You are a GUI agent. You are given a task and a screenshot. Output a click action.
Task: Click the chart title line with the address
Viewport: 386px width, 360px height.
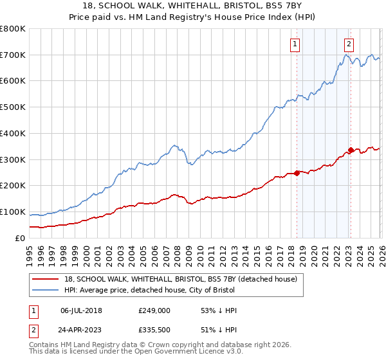click(x=193, y=6)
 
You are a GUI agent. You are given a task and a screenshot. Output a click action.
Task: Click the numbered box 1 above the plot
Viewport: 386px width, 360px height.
click(x=295, y=44)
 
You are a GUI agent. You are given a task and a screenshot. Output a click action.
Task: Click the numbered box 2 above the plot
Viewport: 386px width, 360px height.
click(x=348, y=44)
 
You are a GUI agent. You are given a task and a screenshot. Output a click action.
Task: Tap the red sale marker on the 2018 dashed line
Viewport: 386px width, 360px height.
click(x=297, y=172)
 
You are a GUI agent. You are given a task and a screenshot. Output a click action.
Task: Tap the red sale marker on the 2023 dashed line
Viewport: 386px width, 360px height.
click(x=351, y=150)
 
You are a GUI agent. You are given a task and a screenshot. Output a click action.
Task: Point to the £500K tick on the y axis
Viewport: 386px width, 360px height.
click(x=14, y=107)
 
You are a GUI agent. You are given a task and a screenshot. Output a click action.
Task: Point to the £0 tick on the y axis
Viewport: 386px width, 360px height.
click(x=21, y=238)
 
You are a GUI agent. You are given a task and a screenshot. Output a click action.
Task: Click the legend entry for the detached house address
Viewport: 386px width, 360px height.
click(x=181, y=279)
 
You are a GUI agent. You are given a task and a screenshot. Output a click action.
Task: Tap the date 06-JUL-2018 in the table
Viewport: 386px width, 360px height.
click(x=81, y=310)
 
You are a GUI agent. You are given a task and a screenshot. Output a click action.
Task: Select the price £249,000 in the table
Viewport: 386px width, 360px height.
click(x=154, y=310)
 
